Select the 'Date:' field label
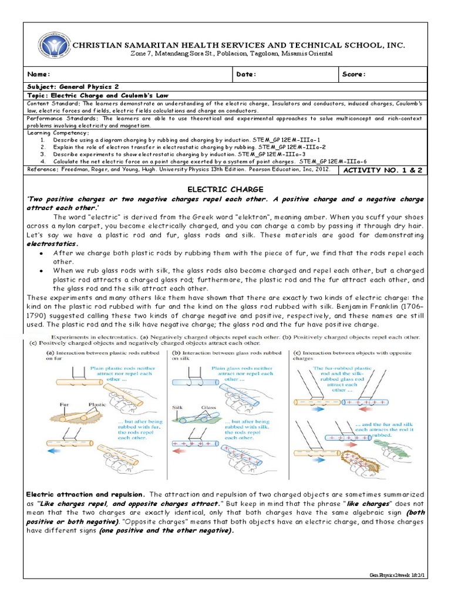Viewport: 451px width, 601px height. pyautogui.click(x=246, y=75)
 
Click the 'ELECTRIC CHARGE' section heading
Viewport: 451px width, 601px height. pyautogui.click(x=225, y=189)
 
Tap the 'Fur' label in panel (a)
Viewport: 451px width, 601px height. pyautogui.click(x=65, y=404)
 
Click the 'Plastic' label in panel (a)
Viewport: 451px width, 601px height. pyautogui.click(x=97, y=404)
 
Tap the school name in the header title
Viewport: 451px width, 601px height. pyautogui.click(x=238, y=45)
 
